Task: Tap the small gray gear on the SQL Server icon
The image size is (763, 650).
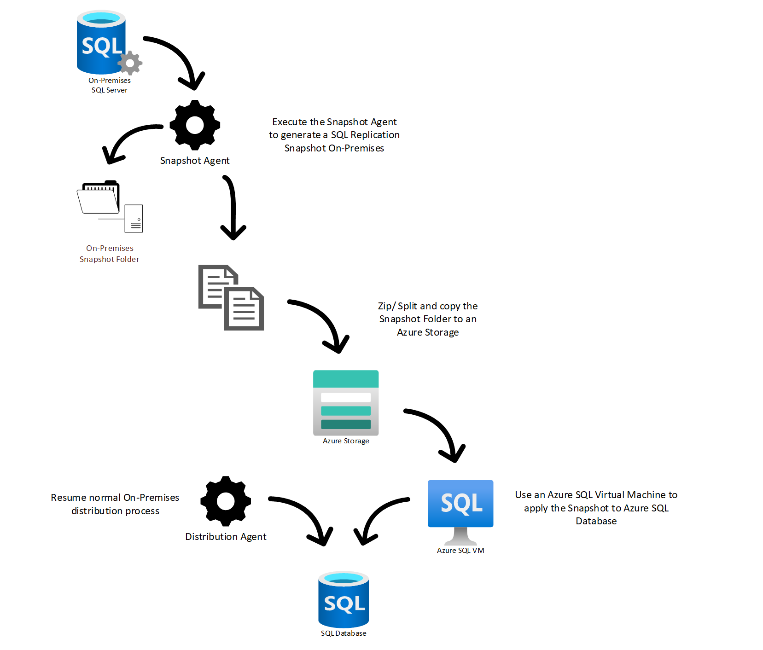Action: (x=130, y=63)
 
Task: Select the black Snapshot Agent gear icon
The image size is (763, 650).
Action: (x=195, y=125)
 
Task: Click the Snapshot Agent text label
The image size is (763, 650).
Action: (x=194, y=161)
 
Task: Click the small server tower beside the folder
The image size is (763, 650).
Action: (x=134, y=218)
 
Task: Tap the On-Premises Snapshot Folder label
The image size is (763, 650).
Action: (x=110, y=254)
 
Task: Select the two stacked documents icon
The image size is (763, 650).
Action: (x=231, y=297)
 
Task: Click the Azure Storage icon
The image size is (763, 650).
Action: (x=346, y=403)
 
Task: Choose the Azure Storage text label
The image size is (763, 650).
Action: (x=346, y=441)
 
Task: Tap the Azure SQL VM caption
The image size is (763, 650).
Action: (x=460, y=551)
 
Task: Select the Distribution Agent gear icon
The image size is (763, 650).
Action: (x=226, y=501)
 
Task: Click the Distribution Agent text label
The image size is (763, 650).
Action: (x=226, y=537)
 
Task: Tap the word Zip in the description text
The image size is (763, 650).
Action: (x=384, y=306)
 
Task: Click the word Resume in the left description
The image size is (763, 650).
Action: (x=69, y=498)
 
